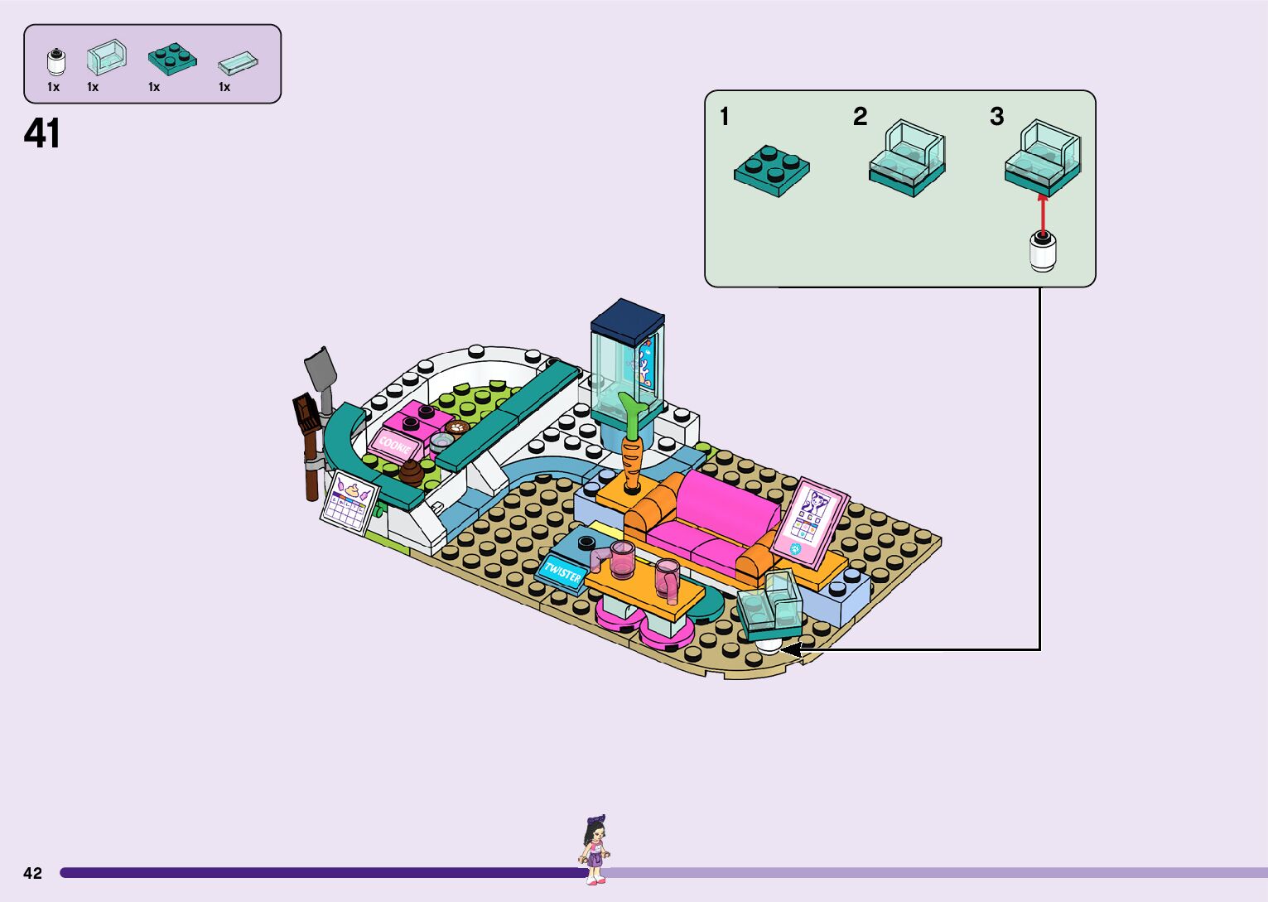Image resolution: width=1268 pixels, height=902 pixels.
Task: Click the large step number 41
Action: tap(42, 133)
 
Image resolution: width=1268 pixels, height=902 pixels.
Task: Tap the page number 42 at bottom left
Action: tap(32, 873)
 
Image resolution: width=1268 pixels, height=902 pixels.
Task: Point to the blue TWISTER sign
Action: tap(562, 572)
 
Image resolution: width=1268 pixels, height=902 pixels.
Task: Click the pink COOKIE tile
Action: tap(390, 445)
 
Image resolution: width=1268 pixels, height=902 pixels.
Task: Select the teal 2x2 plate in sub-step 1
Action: tap(771, 171)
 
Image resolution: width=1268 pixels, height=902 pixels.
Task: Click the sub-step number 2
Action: tap(861, 117)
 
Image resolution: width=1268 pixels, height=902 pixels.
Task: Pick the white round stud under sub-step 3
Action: tap(1043, 252)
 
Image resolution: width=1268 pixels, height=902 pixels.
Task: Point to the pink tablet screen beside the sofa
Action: tap(808, 519)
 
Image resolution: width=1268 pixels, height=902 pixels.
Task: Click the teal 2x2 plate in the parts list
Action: tap(172, 57)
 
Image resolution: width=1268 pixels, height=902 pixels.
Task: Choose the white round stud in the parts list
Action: tap(55, 62)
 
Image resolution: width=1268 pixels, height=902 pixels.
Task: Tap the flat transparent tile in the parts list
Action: tap(238, 64)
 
